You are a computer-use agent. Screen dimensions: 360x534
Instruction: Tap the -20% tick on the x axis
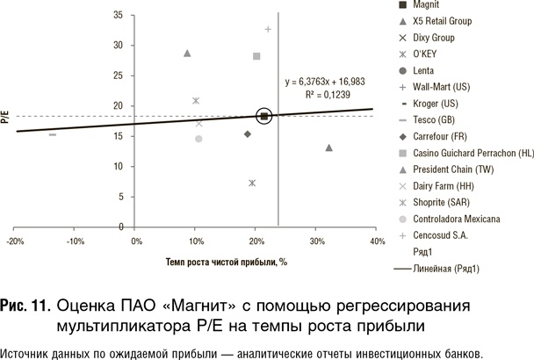click(14, 240)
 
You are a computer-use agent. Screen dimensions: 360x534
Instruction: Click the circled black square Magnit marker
click(265, 116)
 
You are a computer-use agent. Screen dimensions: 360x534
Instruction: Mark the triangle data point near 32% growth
click(328, 148)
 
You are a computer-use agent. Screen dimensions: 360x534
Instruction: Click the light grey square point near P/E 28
click(256, 56)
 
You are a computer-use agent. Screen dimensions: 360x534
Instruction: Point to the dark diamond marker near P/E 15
click(248, 134)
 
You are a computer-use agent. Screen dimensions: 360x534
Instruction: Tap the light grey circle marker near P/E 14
click(198, 139)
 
